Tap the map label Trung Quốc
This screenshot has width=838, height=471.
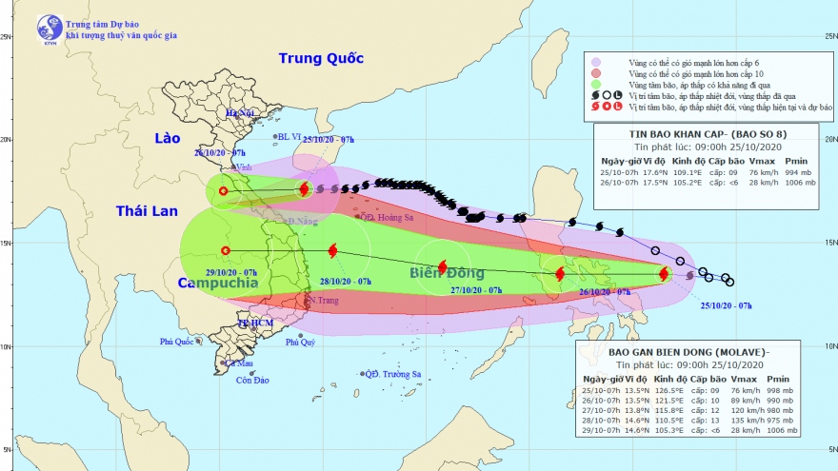point(321,59)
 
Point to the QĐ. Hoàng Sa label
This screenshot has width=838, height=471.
point(388,217)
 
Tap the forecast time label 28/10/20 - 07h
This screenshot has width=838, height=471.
point(345,281)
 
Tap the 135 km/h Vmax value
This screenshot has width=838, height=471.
point(741,418)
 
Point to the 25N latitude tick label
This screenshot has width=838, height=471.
point(8,37)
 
